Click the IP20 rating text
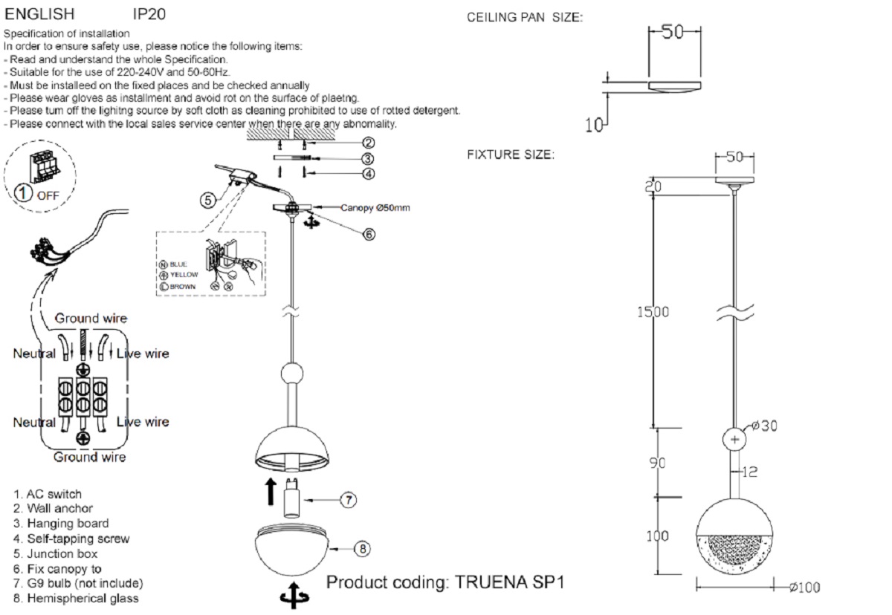coord(149,14)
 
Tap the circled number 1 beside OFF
coord(25,194)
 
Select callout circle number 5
coord(208,199)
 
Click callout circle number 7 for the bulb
coord(349,500)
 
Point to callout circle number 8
coord(361,549)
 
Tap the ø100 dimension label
coord(804,588)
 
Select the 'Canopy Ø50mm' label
coord(375,208)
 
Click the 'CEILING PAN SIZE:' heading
coord(525,18)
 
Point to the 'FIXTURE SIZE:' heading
coord(510,155)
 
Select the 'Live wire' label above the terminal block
coord(143,354)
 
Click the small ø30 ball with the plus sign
coord(735,440)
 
